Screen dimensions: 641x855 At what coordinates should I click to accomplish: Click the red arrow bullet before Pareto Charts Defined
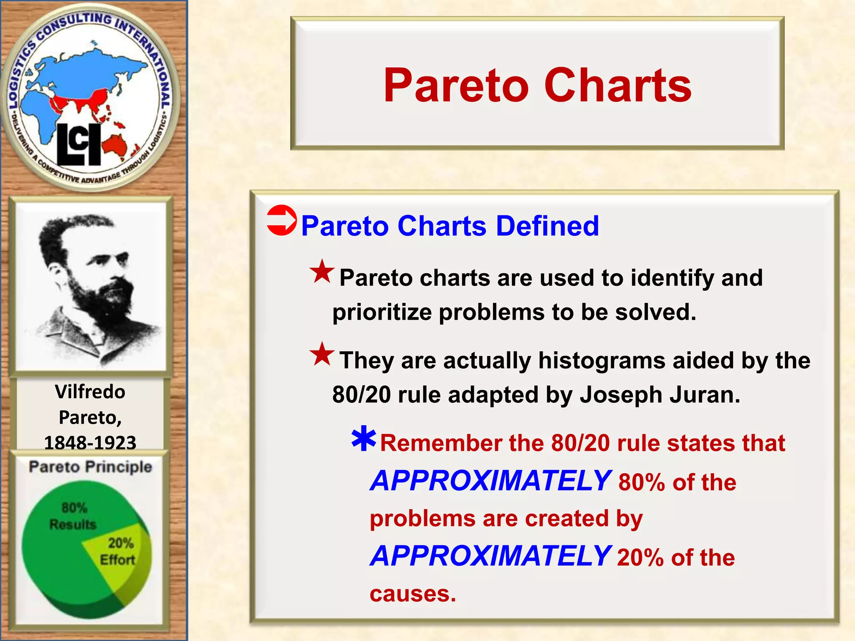[x=281, y=220]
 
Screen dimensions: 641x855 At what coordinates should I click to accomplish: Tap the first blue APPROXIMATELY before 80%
[x=491, y=481]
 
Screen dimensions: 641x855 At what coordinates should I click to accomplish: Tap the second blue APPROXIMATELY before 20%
[x=491, y=556]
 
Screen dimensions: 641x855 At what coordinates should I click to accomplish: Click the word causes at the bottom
[x=412, y=594]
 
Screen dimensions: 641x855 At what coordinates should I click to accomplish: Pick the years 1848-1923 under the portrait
[x=90, y=442]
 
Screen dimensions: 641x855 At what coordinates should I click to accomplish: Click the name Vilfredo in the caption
[x=90, y=392]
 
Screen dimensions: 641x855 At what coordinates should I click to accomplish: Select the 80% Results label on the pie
[x=73, y=516]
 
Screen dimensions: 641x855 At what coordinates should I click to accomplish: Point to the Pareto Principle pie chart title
[x=90, y=467]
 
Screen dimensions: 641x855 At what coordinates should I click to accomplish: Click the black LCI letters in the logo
[x=78, y=144]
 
